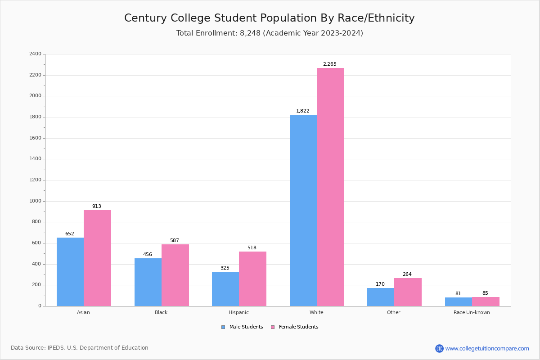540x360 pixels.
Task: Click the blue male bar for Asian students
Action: click(x=70, y=272)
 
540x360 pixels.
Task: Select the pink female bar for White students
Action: click(x=330, y=187)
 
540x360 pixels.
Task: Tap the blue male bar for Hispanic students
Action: click(x=225, y=289)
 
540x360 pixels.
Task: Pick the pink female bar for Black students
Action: click(x=175, y=275)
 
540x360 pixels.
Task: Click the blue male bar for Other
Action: click(x=381, y=297)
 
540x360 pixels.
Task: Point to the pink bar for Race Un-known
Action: click(x=486, y=301)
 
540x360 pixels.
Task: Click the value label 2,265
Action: click(x=329, y=64)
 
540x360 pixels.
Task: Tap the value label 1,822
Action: click(x=302, y=111)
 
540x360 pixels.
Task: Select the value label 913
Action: click(x=96, y=207)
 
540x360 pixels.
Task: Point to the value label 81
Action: click(x=458, y=294)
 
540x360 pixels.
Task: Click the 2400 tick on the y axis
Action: click(x=35, y=54)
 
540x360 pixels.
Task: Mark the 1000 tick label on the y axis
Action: click(x=35, y=201)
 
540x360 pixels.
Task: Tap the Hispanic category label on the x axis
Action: click(x=238, y=312)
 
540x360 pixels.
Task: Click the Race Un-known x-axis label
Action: click(x=472, y=312)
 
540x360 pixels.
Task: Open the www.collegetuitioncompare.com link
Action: click(x=487, y=348)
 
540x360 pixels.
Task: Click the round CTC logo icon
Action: click(x=439, y=348)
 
